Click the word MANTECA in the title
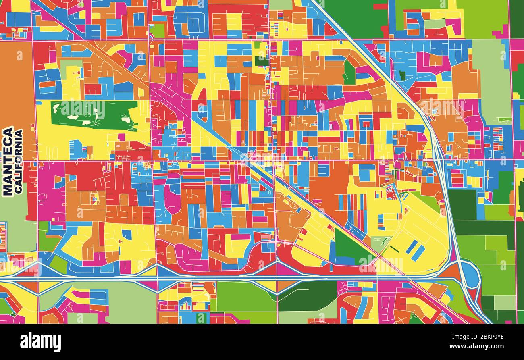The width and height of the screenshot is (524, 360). coord(8,161)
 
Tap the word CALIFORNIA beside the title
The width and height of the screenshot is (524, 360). coord(19,161)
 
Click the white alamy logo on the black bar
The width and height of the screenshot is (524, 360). coord(40,342)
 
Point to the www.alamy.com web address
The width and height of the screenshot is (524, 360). coord(477,346)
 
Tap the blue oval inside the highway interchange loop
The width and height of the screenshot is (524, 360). coord(470,274)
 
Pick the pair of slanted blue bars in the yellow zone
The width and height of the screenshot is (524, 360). coord(415,250)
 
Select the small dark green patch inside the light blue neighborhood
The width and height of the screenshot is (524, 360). coord(402,75)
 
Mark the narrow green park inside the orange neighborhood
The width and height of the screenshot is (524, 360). coord(349,73)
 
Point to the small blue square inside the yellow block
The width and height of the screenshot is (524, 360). coord(127,234)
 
